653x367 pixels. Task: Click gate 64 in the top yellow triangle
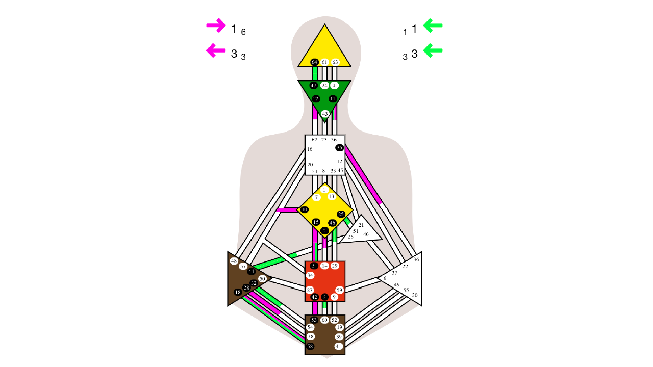315,62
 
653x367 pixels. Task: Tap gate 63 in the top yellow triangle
335,62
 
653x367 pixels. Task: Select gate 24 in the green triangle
324,85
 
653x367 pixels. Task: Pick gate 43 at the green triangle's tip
325,114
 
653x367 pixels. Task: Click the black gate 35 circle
339,148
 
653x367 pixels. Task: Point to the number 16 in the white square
310,149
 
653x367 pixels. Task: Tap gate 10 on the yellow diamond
305,209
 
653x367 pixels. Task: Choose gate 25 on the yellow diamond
341,214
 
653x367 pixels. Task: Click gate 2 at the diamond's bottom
324,231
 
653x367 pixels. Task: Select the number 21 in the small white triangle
361,225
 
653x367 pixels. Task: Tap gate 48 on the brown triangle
234,261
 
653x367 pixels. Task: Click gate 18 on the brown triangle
238,292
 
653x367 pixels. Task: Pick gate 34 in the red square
310,275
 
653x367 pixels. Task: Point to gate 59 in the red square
339,290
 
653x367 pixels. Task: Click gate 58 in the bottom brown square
310,347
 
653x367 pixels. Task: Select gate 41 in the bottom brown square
339,347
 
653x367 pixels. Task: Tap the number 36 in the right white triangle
416,260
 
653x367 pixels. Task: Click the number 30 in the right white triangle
415,295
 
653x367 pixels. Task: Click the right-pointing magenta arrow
216,25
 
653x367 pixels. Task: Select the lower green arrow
433,50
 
